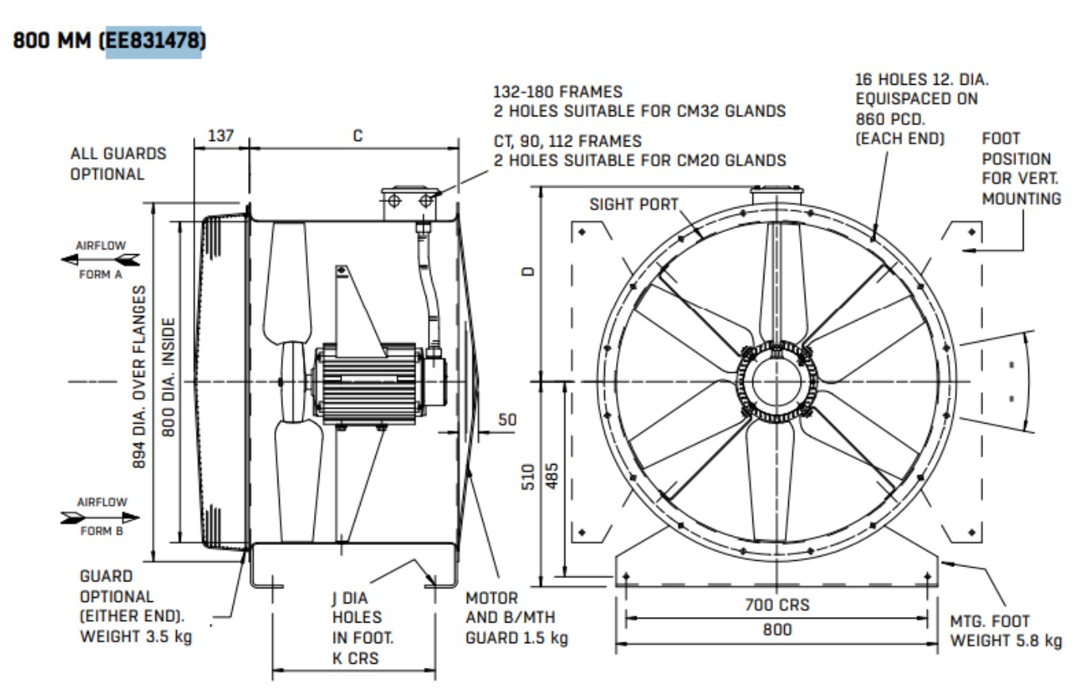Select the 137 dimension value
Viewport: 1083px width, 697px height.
221,135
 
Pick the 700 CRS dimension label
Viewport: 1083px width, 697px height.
777,606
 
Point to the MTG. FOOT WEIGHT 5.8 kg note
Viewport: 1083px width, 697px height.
1005,630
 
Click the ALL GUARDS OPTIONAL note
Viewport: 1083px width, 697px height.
118,164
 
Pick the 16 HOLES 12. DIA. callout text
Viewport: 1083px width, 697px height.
915,81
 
